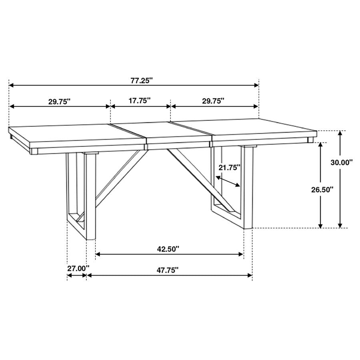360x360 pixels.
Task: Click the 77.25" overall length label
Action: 142,80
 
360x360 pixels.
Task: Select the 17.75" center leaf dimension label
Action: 140,101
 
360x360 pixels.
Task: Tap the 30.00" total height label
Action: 342,162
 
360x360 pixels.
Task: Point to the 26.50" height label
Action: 322,190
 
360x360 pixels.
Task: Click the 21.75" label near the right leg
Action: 229,168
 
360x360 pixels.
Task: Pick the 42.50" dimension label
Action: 168,249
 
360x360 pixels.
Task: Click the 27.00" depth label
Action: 78,269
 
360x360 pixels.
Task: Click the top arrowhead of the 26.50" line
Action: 320,145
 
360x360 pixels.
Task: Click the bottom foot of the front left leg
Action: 91,236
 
